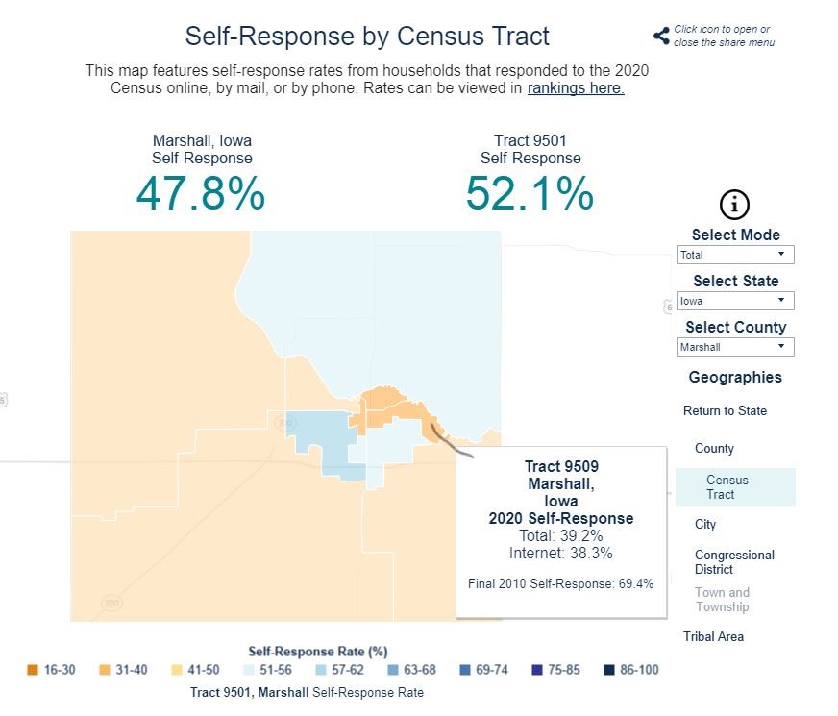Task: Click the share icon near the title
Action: [661, 37]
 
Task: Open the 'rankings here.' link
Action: [576, 88]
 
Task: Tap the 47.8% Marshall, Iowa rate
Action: [201, 193]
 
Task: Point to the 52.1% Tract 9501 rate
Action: [530, 193]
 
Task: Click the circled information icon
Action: [734, 204]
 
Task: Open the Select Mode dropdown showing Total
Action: [735, 255]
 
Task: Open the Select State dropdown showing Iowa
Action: [735, 301]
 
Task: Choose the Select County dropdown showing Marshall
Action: [735, 347]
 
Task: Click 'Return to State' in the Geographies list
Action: [725, 411]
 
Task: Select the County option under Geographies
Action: [714, 449]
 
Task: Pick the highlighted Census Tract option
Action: [727, 487]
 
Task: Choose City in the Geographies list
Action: [705, 525]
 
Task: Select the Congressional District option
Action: [734, 562]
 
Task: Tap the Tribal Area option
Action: [713, 637]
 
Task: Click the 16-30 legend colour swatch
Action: [33, 670]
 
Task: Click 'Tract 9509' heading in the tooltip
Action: [561, 468]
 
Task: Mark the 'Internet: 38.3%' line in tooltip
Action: [561, 553]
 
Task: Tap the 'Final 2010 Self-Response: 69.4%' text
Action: [561, 583]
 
